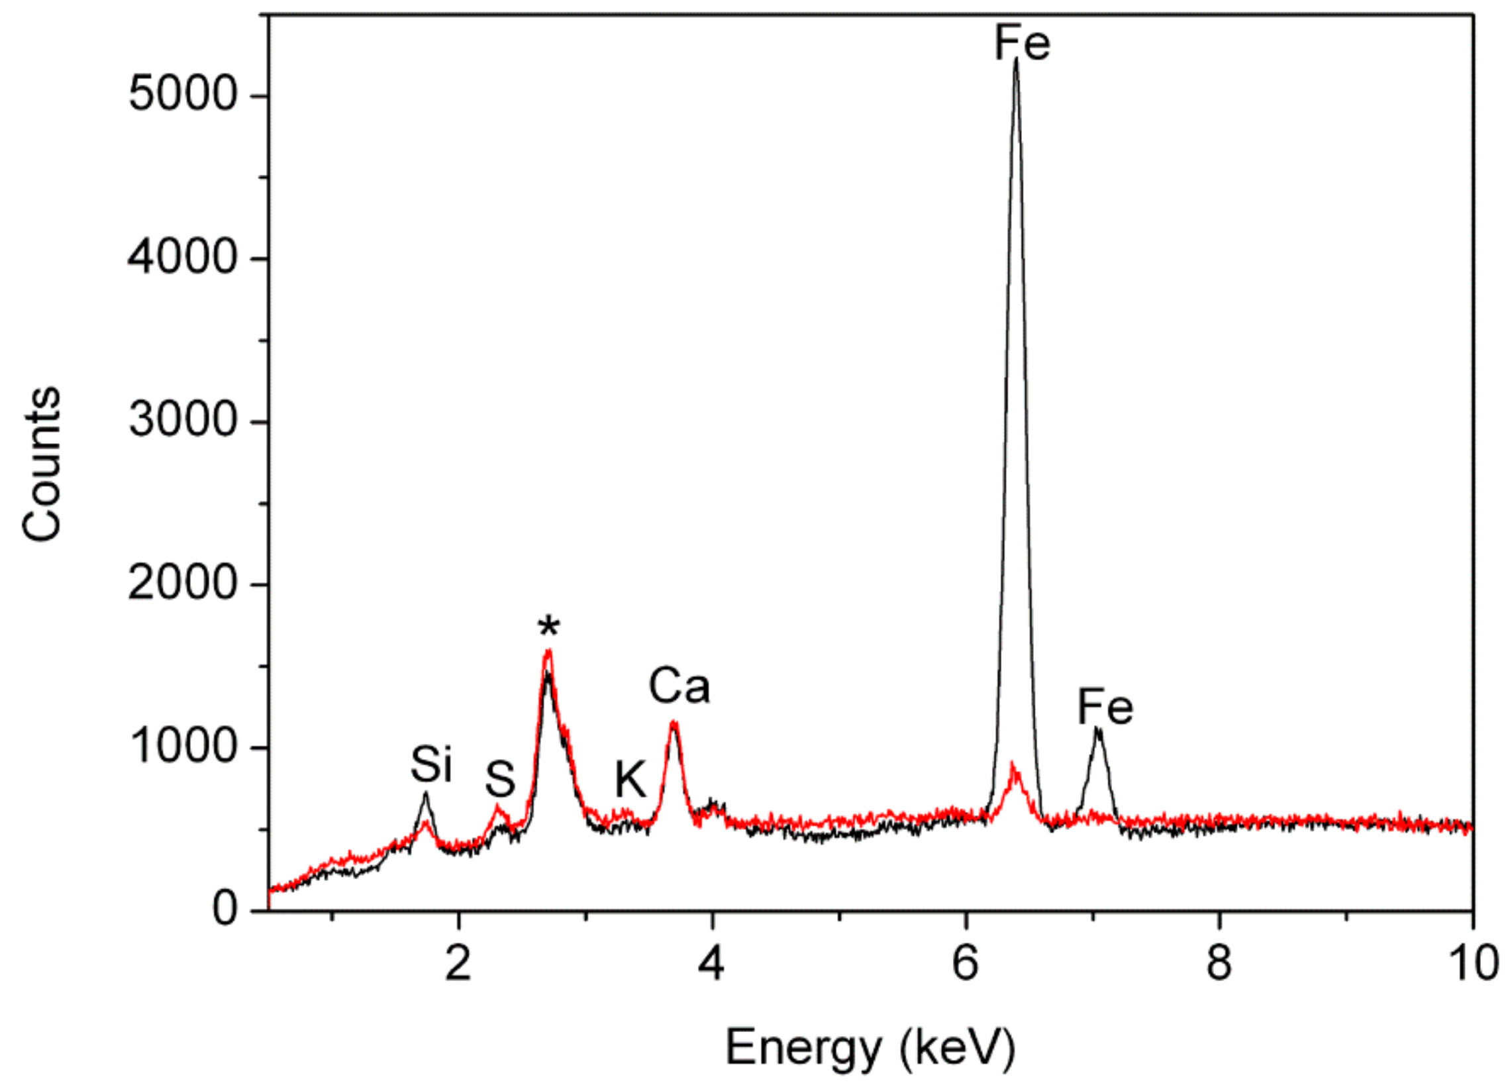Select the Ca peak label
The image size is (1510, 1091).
tap(679, 686)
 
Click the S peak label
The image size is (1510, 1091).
tap(499, 778)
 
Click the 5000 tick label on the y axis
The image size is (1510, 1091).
tap(182, 95)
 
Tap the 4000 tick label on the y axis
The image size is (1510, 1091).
tap(182, 258)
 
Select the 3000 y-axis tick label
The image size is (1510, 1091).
tap(182, 421)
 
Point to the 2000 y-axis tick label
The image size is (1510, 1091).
tap(182, 584)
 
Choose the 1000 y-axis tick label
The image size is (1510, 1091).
tap(182, 747)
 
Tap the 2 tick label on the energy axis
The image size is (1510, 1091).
tap(458, 964)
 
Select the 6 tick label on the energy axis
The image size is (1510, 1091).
tap(966, 964)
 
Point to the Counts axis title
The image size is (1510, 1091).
tap(41, 464)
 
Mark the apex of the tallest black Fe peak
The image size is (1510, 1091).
tap(1016, 60)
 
